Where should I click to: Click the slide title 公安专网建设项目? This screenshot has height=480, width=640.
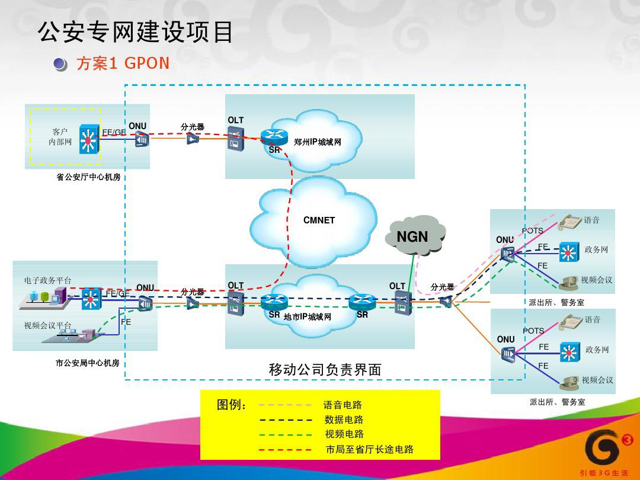[136, 33]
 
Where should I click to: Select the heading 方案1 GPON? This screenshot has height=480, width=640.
[123, 63]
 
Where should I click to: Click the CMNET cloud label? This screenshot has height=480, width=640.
[319, 220]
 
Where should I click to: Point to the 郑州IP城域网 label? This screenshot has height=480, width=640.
[318, 142]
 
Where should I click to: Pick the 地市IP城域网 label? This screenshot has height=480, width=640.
[307, 317]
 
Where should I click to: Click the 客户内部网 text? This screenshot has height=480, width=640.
[60, 137]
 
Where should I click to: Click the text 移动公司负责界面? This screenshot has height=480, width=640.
[325, 370]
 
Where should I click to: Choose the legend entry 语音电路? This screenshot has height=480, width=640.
[343, 405]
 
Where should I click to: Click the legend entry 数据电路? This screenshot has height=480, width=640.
[344, 420]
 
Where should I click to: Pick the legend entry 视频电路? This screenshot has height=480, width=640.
[344, 434]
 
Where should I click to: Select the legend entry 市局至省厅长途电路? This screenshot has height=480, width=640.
[370, 450]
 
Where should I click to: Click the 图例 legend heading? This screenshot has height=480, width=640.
[232, 405]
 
